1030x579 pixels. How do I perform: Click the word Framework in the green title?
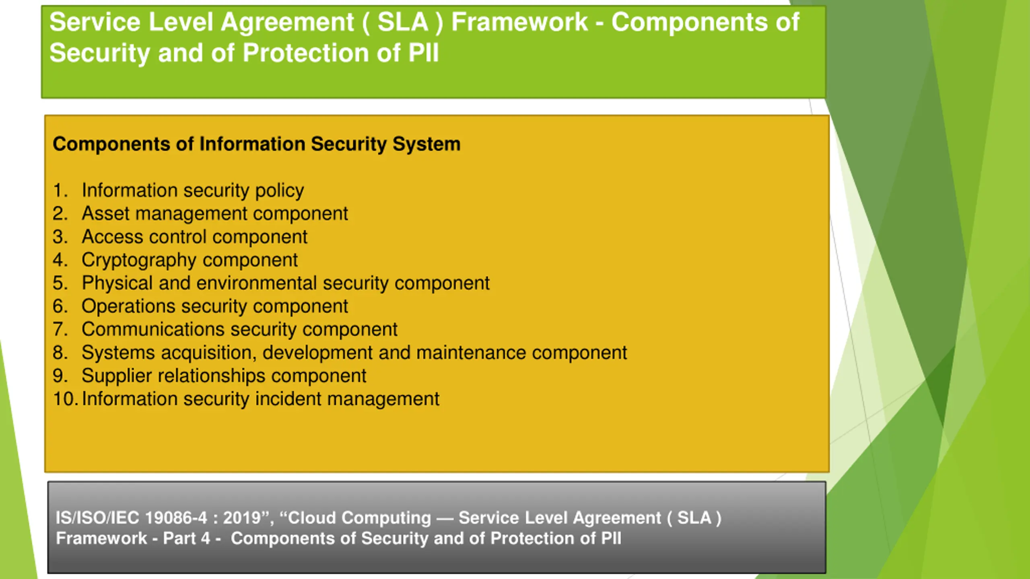[x=519, y=22]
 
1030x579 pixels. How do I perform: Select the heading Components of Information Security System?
[x=256, y=144]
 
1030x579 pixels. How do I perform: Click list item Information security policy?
[x=193, y=190]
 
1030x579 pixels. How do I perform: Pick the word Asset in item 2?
[x=105, y=214]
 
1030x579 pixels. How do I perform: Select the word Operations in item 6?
[x=128, y=306]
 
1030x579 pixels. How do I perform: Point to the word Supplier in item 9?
[x=117, y=376]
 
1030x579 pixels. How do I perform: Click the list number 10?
[x=64, y=399]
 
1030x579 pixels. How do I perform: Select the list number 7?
[x=60, y=329]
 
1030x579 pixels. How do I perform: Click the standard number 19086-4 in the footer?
[x=175, y=518]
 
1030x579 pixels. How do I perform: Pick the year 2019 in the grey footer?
[x=242, y=518]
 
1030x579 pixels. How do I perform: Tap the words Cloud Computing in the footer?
[x=359, y=518]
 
